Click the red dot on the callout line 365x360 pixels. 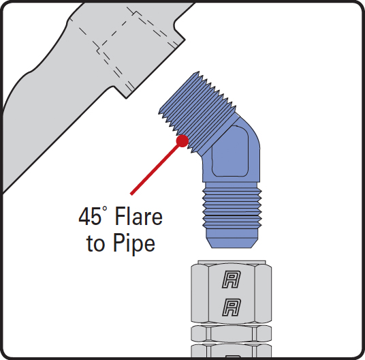click(182, 140)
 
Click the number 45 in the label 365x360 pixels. click(90, 216)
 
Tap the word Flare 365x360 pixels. click(138, 216)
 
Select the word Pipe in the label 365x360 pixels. click(134, 244)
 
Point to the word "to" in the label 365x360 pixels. click(95, 244)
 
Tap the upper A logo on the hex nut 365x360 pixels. click(231, 279)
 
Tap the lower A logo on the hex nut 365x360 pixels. click(231, 307)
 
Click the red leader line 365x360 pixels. click(155, 170)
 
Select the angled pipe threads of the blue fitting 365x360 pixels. click(197, 113)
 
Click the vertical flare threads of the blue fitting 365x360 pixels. click(232, 209)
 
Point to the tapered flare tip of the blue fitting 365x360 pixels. click(232, 238)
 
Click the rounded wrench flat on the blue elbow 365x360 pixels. click(230, 151)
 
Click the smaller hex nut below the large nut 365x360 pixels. click(231, 334)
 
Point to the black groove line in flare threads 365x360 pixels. click(232, 216)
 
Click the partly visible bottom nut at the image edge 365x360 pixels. click(231, 350)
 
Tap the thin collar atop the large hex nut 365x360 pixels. click(231, 262)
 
